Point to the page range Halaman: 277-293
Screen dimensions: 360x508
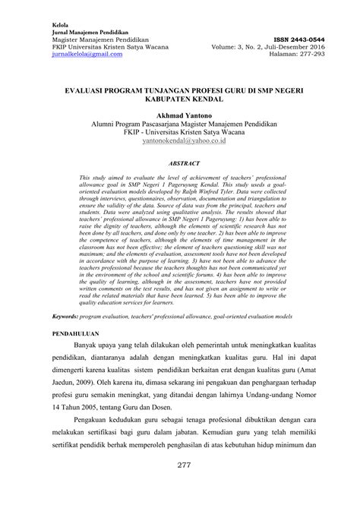(x=303, y=56)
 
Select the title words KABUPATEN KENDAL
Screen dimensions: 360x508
(x=180, y=99)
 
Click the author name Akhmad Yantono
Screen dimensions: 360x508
(x=180, y=114)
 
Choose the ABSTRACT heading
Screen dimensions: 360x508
(x=180, y=163)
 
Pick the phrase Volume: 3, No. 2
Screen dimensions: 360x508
(x=253, y=48)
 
